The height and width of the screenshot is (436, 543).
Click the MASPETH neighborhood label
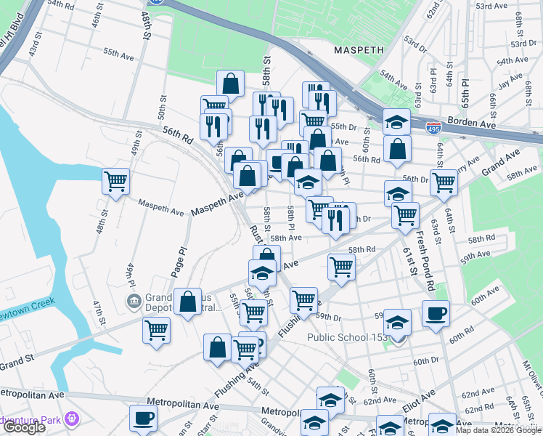pyautogui.click(x=362, y=50)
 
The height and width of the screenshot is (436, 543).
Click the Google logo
pyautogui.click(x=24, y=427)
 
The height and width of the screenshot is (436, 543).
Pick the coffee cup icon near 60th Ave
pyautogui.click(x=436, y=314)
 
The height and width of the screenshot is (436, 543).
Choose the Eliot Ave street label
pyautogui.click(x=418, y=396)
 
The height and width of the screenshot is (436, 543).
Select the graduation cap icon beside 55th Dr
pyautogui.click(x=396, y=121)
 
